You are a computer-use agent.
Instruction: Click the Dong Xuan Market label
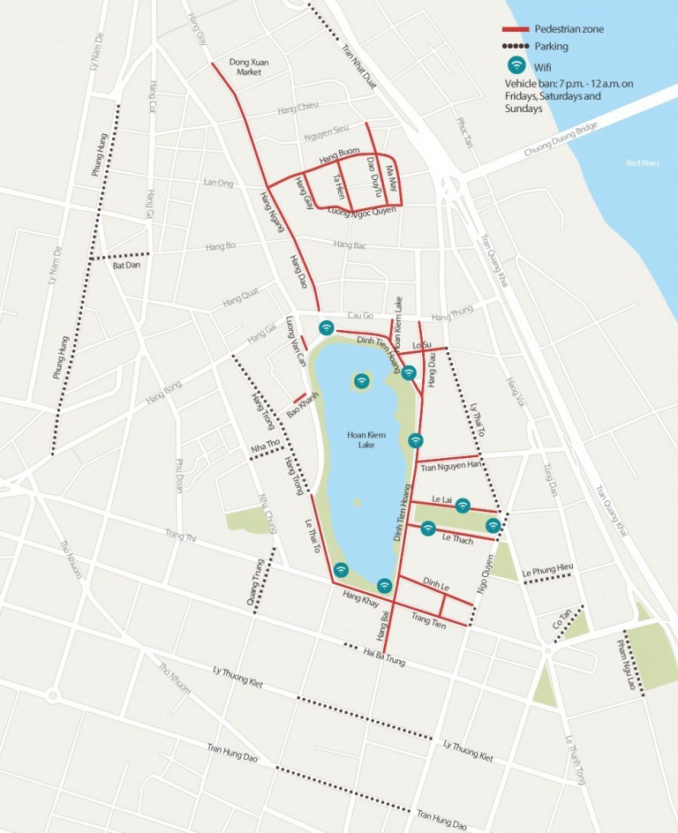(x=248, y=67)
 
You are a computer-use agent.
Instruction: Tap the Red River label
(x=642, y=163)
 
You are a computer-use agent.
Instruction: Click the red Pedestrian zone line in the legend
(x=515, y=29)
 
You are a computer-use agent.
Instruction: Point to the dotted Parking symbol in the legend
(x=515, y=46)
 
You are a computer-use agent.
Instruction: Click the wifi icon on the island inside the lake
(x=361, y=381)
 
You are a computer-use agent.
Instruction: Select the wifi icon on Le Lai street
(x=463, y=505)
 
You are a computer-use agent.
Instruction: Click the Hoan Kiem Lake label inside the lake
(x=366, y=440)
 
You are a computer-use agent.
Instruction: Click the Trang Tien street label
(x=429, y=619)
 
